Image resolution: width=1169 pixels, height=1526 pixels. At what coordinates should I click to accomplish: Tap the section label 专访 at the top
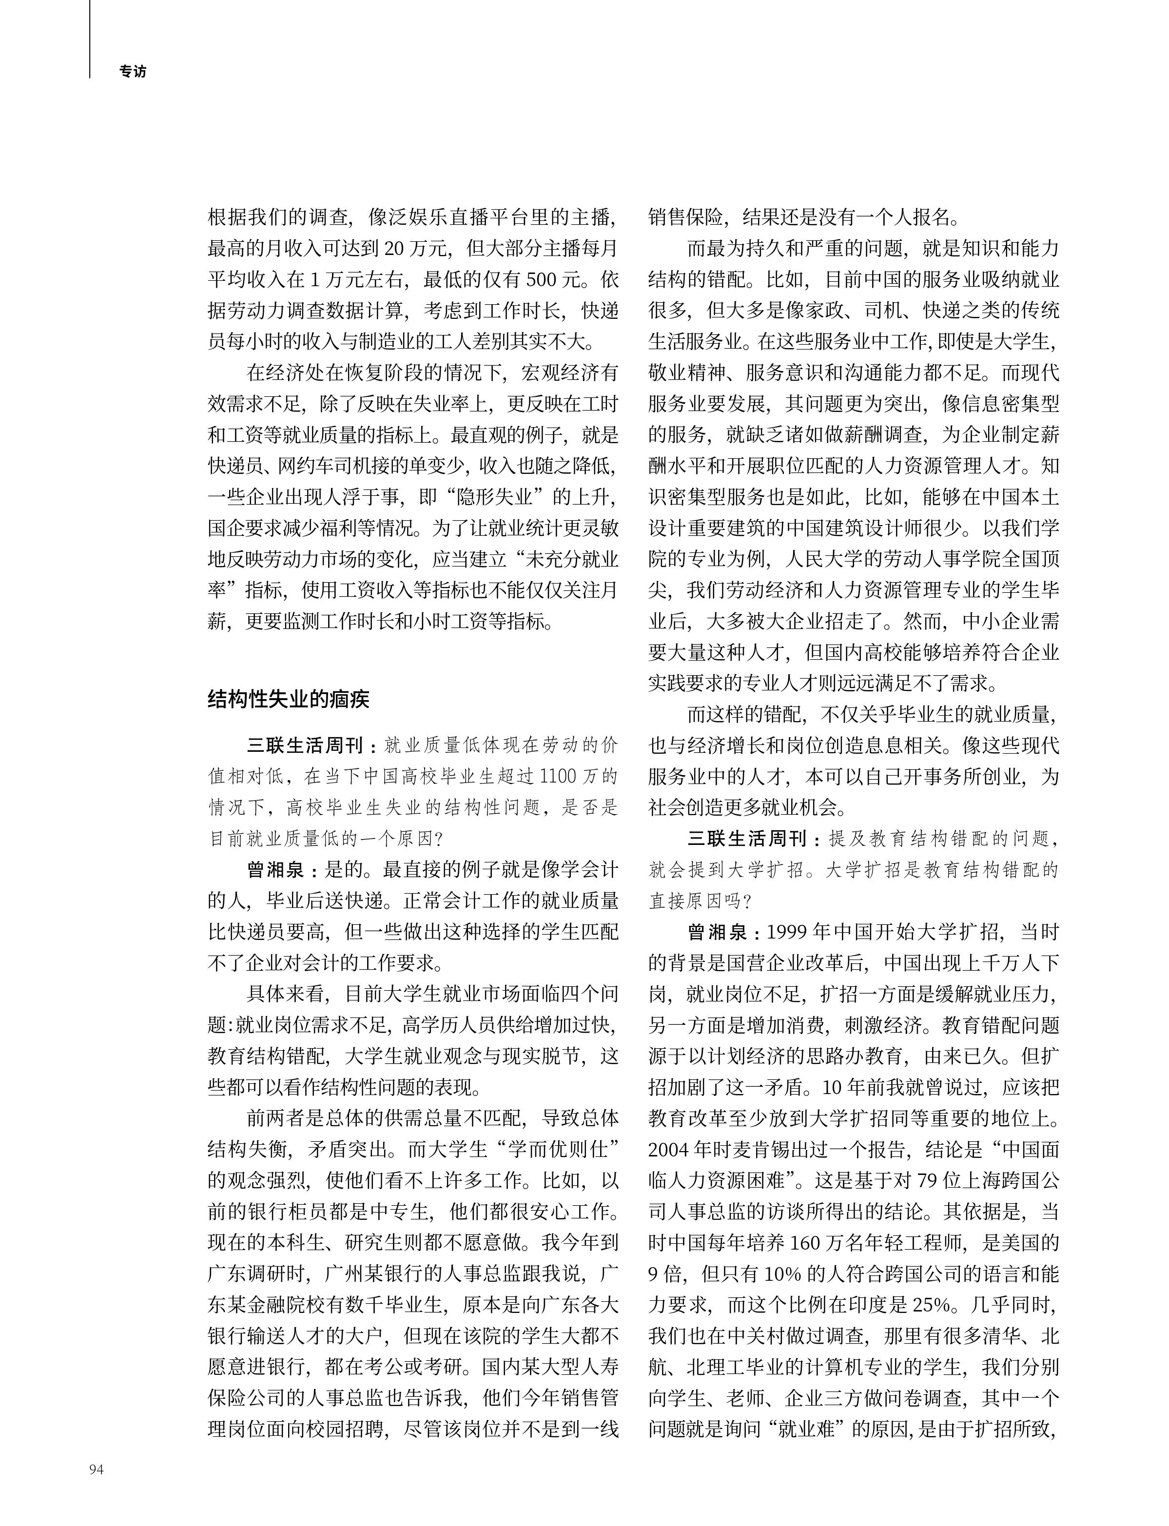(133, 72)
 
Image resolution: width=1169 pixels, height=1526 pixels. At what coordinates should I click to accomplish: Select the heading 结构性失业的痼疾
(288, 699)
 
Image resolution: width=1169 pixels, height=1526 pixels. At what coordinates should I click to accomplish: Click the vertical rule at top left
(89, 38)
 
